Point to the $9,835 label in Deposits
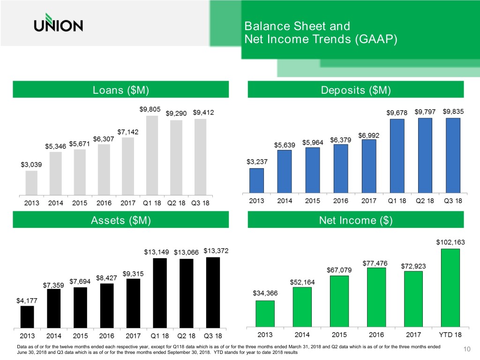point(453,112)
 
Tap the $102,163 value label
point(450,242)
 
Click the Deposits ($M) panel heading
point(355,90)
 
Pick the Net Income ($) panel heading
point(355,220)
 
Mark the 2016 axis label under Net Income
point(376,335)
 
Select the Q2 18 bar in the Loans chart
point(175,157)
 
